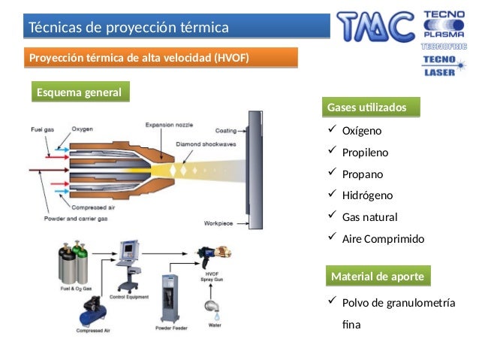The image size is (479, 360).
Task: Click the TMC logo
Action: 375,27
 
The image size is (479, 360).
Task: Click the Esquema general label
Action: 80,92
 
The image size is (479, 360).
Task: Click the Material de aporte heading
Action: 378,277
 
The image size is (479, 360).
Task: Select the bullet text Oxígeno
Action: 362,131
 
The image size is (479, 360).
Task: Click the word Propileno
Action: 366,153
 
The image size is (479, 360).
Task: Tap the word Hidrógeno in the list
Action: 367,195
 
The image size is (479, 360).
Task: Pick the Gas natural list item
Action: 369,217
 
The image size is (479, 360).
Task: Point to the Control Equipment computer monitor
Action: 131,250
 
